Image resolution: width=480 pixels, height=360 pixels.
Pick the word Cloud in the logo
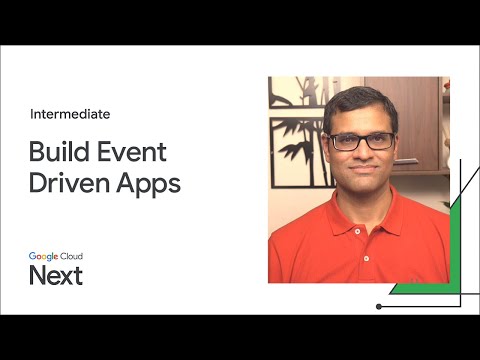point(72,258)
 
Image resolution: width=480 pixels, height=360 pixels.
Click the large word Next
point(55,276)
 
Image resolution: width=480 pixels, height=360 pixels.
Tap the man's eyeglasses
point(361,141)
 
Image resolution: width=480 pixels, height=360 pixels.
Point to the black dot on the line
point(379,306)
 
